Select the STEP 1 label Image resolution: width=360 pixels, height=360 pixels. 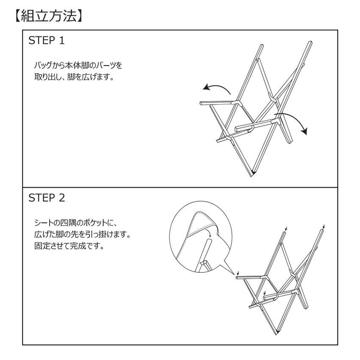point(46,41)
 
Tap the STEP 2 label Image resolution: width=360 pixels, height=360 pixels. point(46,198)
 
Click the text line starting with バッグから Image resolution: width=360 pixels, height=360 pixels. point(78,66)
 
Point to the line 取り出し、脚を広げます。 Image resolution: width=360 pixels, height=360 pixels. point(74,78)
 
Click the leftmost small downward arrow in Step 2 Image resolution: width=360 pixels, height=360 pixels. point(238,274)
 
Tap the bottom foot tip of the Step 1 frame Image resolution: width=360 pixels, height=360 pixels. point(253,173)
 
